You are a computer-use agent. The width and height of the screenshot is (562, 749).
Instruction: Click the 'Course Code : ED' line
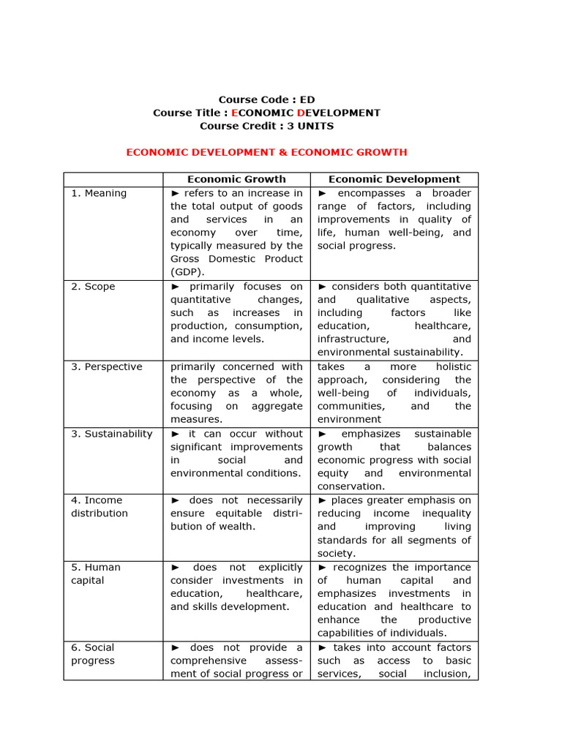point(266,99)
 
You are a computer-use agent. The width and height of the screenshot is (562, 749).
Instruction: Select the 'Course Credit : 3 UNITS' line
point(266,126)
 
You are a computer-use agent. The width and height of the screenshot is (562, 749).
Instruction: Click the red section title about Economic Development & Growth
point(266,152)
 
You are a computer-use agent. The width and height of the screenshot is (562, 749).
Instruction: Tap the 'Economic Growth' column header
point(236,179)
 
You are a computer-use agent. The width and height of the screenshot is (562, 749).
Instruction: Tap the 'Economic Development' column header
point(394,179)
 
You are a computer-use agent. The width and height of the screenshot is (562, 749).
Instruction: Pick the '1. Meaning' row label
point(99,193)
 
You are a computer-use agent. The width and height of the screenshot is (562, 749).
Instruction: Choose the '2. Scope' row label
point(93,287)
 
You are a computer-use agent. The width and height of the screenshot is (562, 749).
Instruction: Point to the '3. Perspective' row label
point(107,366)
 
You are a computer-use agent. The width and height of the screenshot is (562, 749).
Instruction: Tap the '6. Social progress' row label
point(93,654)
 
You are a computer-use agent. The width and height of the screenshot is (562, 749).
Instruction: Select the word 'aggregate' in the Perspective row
point(277,406)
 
